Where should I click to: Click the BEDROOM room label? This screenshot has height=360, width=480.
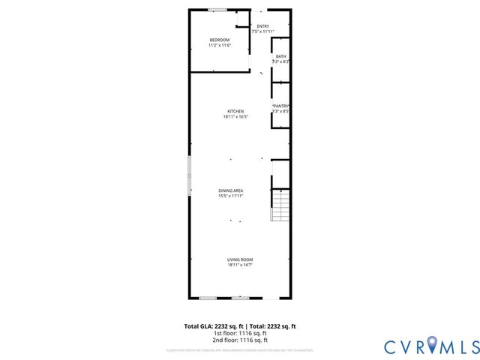pyautogui.click(x=219, y=40)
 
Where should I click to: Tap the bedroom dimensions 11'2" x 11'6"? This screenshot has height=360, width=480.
pyautogui.click(x=219, y=46)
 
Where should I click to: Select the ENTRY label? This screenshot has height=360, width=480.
pyautogui.click(x=262, y=26)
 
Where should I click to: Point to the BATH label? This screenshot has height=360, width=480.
pyautogui.click(x=280, y=56)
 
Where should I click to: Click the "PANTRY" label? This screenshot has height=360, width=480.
pyautogui.click(x=280, y=106)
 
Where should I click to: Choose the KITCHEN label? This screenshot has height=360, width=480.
pyautogui.click(x=235, y=111)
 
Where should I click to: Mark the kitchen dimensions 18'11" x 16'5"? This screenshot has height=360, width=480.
pyautogui.click(x=235, y=117)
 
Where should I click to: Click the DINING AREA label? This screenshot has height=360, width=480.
pyautogui.click(x=230, y=190)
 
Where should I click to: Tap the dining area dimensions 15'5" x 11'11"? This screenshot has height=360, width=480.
pyautogui.click(x=230, y=196)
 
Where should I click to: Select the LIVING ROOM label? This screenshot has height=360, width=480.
pyautogui.click(x=240, y=259)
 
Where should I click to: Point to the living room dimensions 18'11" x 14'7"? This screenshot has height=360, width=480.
pyautogui.click(x=240, y=265)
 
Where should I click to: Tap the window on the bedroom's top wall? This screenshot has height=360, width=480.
pyautogui.click(x=217, y=10)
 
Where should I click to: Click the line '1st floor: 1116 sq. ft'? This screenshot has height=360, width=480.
pyautogui.click(x=240, y=333)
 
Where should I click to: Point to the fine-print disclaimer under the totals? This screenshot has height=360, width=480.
pyautogui.click(x=240, y=350)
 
